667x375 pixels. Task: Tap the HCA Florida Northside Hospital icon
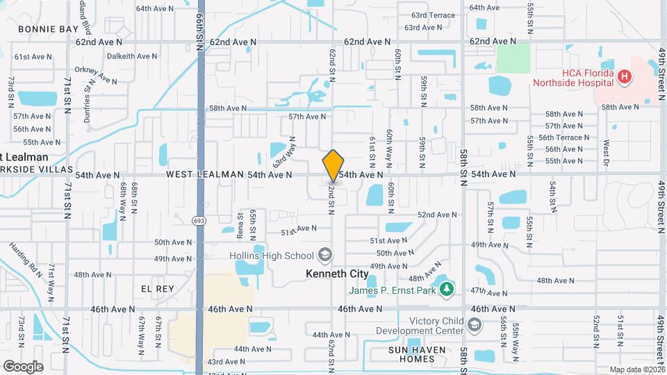point(625,77)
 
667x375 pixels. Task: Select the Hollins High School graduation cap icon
point(324,255)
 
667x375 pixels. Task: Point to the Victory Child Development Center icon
point(475,325)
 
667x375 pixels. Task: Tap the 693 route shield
point(199,220)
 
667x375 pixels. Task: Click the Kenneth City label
point(337,274)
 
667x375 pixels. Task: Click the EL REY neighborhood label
point(156,287)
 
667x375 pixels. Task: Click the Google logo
point(23,366)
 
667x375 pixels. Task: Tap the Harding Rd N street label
point(25,260)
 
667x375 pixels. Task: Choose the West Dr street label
point(606,151)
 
